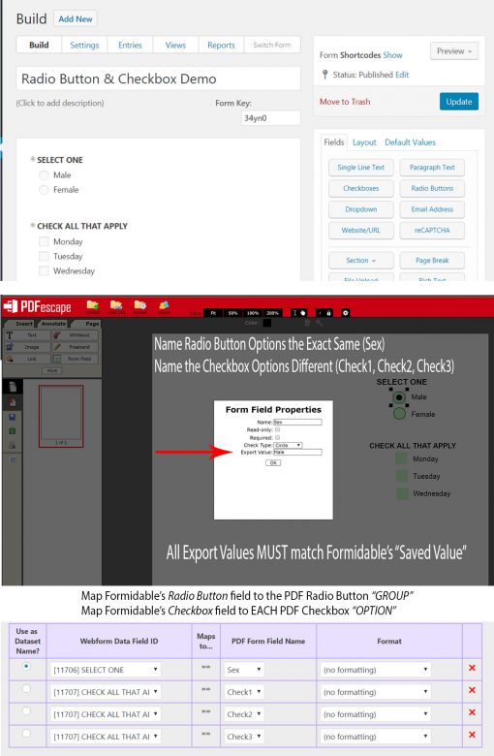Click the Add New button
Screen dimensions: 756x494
(76, 18)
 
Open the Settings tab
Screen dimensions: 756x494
(84, 45)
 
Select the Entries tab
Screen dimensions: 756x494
(130, 45)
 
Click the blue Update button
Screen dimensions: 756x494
(458, 102)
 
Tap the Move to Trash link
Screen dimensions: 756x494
(345, 102)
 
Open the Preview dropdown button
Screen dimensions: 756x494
(454, 51)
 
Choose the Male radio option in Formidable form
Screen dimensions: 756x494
(44, 175)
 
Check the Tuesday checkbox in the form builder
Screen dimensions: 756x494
(44, 257)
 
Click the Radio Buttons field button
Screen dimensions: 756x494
(431, 188)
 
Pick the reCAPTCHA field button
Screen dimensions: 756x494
(431, 230)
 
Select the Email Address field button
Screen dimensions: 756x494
(431, 209)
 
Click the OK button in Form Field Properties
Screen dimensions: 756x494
(272, 463)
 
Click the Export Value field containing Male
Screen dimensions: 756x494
(296, 453)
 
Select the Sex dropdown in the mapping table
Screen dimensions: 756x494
(244, 670)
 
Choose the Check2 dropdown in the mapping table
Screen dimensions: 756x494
(244, 713)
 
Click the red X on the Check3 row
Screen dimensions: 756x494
(472, 737)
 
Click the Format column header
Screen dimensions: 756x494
(389, 641)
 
